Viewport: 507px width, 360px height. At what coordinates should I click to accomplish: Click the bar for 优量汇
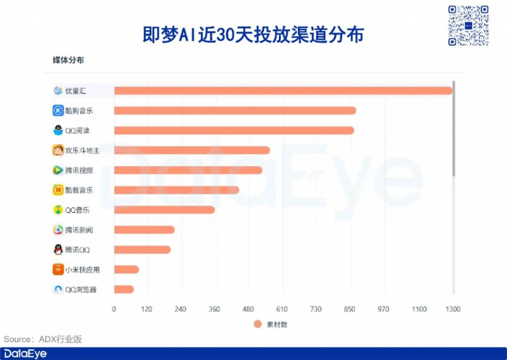click(283, 91)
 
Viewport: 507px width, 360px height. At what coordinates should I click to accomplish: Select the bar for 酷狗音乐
click(235, 110)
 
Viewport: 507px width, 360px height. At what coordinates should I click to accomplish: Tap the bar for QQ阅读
click(234, 130)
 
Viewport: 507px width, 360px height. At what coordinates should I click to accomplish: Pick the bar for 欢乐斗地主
click(192, 150)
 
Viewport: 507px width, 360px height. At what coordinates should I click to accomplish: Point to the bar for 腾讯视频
click(188, 170)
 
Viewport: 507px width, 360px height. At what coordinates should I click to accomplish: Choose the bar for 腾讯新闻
click(144, 230)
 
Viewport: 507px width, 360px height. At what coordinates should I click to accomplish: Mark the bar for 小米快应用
click(126, 269)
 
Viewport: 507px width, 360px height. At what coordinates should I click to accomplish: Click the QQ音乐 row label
click(77, 210)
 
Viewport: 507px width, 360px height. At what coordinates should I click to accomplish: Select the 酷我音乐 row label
click(79, 190)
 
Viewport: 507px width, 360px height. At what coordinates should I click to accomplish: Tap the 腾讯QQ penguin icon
click(58, 250)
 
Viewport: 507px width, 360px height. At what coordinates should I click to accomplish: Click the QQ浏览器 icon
click(58, 289)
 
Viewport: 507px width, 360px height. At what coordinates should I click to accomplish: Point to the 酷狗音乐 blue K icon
click(58, 110)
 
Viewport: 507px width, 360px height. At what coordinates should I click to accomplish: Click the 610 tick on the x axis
click(282, 309)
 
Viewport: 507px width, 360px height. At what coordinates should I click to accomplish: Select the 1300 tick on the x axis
click(453, 309)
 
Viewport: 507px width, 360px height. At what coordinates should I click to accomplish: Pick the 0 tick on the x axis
click(114, 309)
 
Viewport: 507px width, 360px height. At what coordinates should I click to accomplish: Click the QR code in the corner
click(468, 25)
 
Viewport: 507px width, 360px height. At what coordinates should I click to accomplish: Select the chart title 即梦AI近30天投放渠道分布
click(253, 35)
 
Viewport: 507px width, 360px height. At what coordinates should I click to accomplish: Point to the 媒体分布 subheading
click(68, 60)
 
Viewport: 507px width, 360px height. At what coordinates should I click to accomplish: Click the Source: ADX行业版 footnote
click(43, 339)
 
